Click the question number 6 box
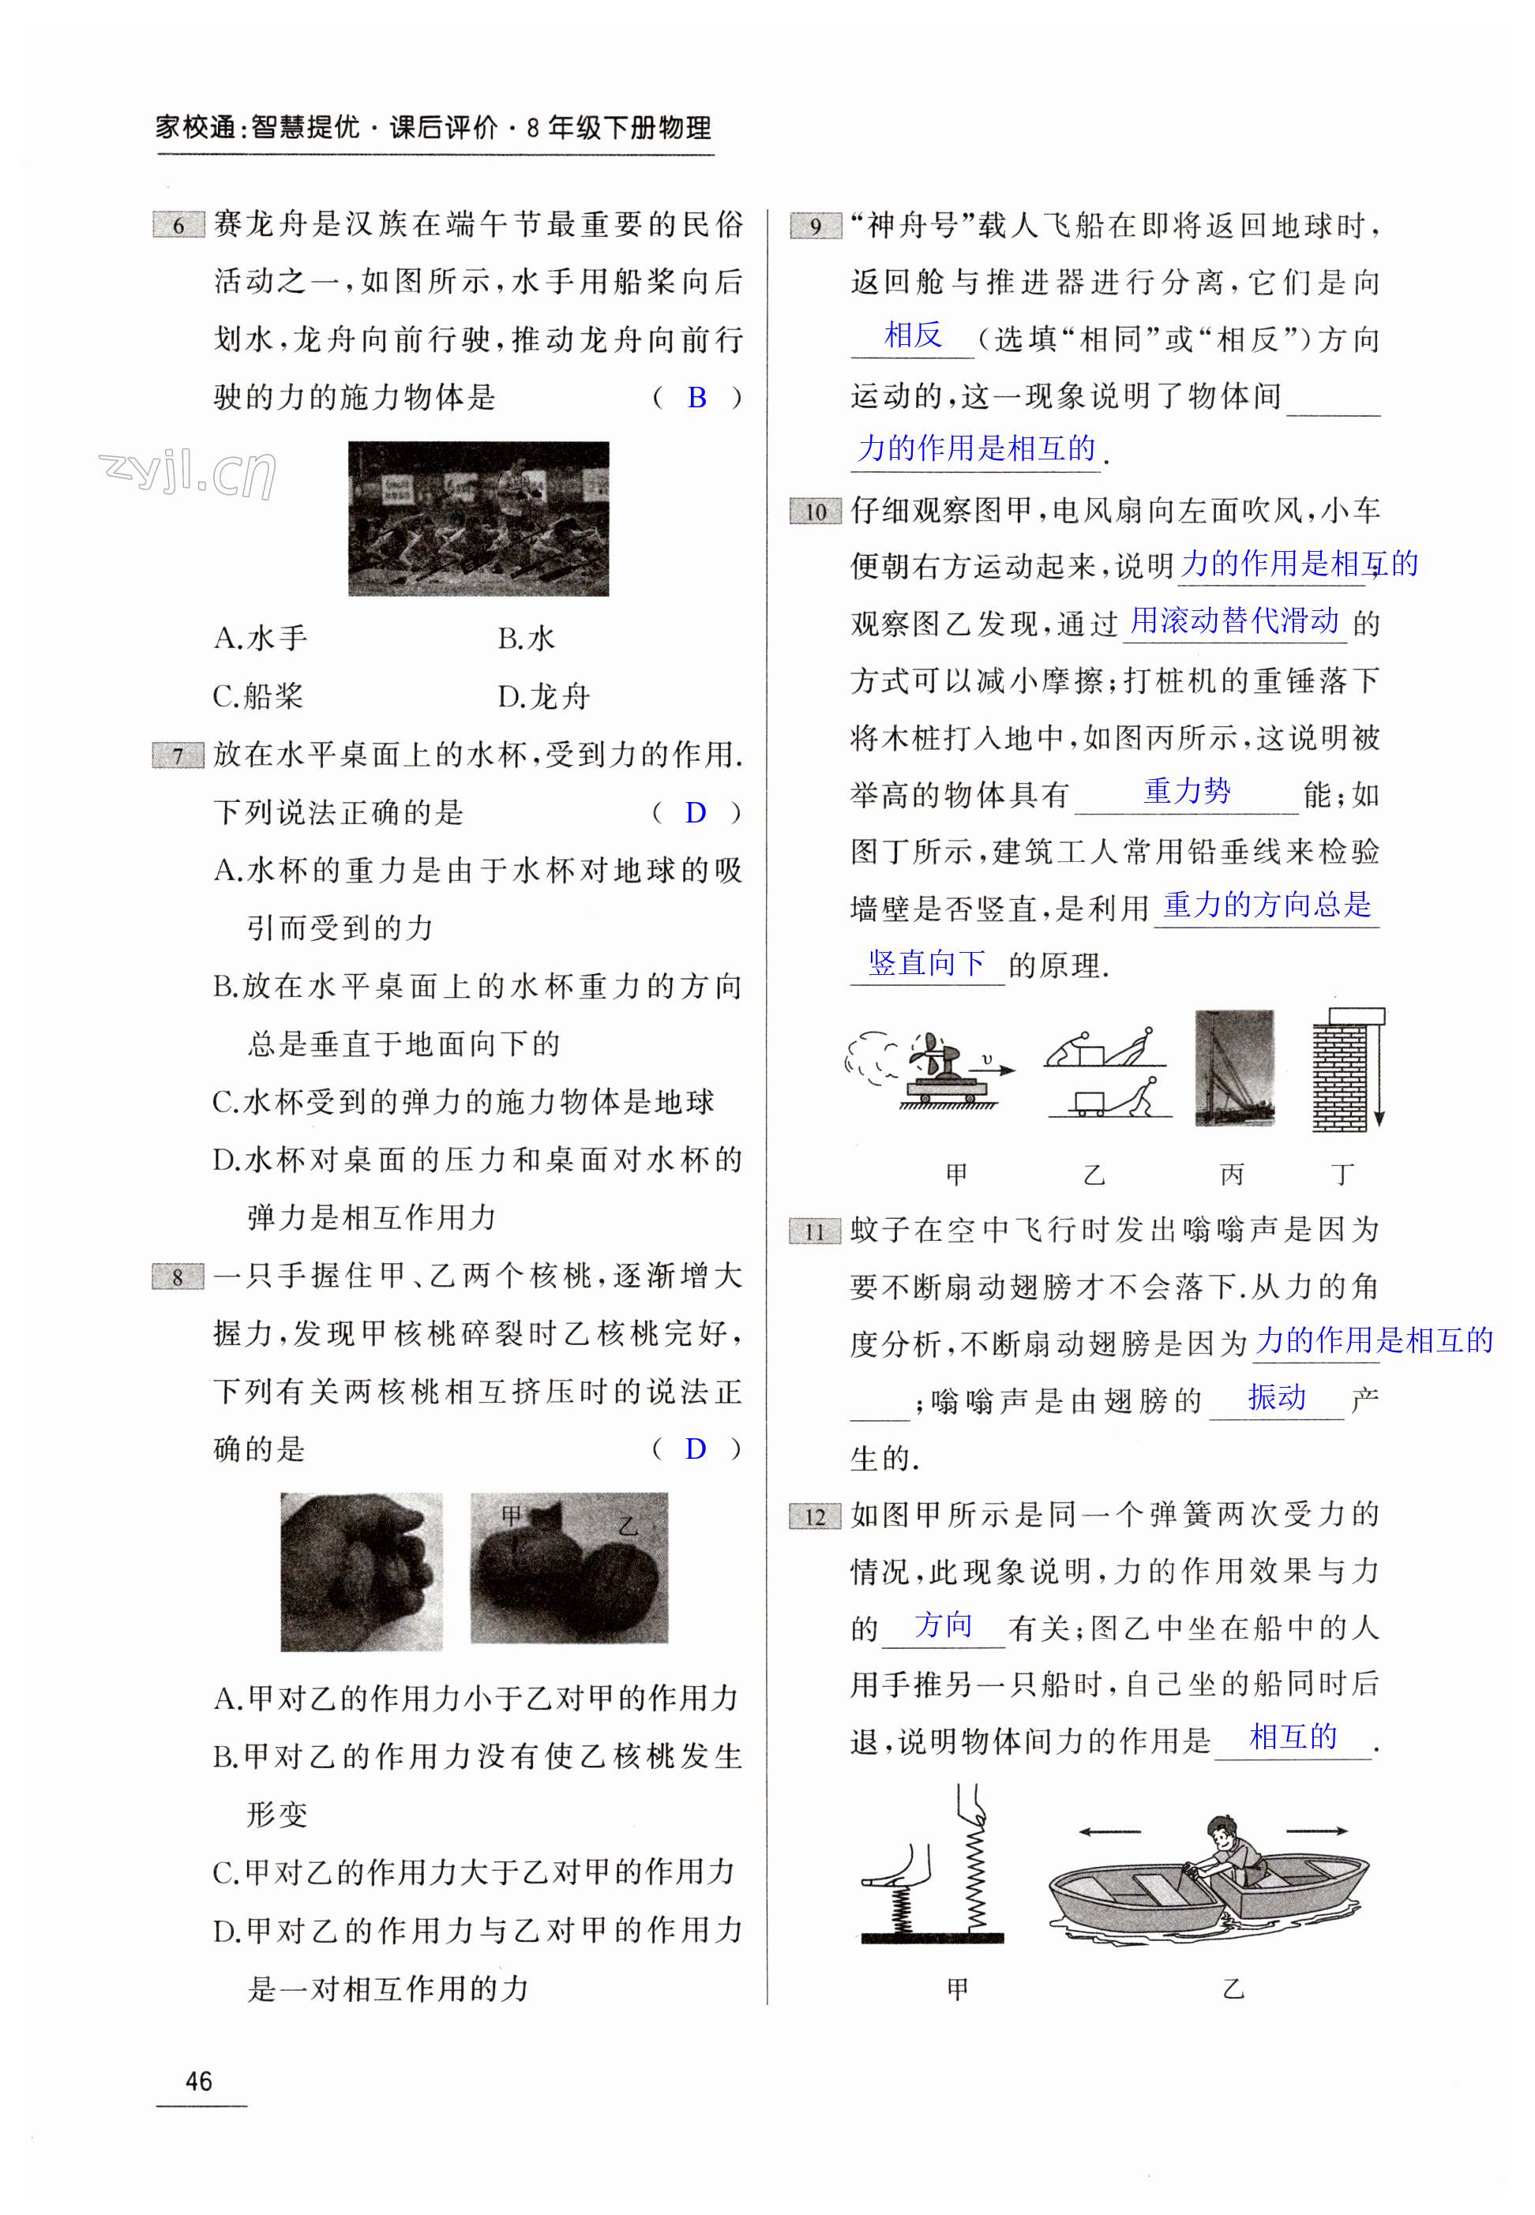178,225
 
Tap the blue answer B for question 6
697,397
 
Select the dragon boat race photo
478,518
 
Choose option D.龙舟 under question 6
543,695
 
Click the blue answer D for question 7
696,812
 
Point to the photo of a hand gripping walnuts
362,1571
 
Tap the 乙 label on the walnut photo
628,1527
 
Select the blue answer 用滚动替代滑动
1234,620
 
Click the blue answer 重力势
1188,790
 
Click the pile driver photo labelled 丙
1234,1067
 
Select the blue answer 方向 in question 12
944,1625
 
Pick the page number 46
199,2082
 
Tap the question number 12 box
815,1516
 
